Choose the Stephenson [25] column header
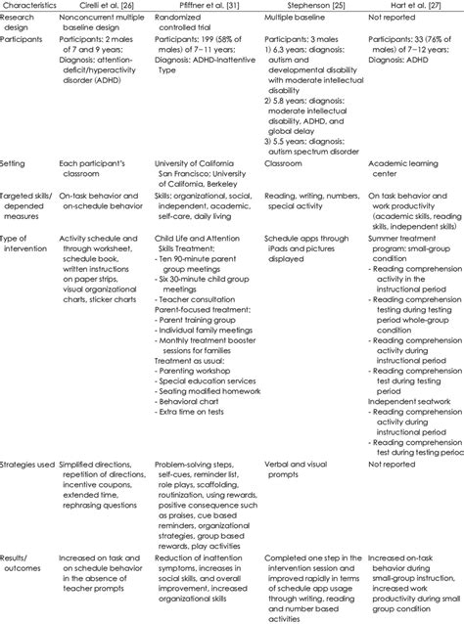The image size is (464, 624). tap(312, 6)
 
